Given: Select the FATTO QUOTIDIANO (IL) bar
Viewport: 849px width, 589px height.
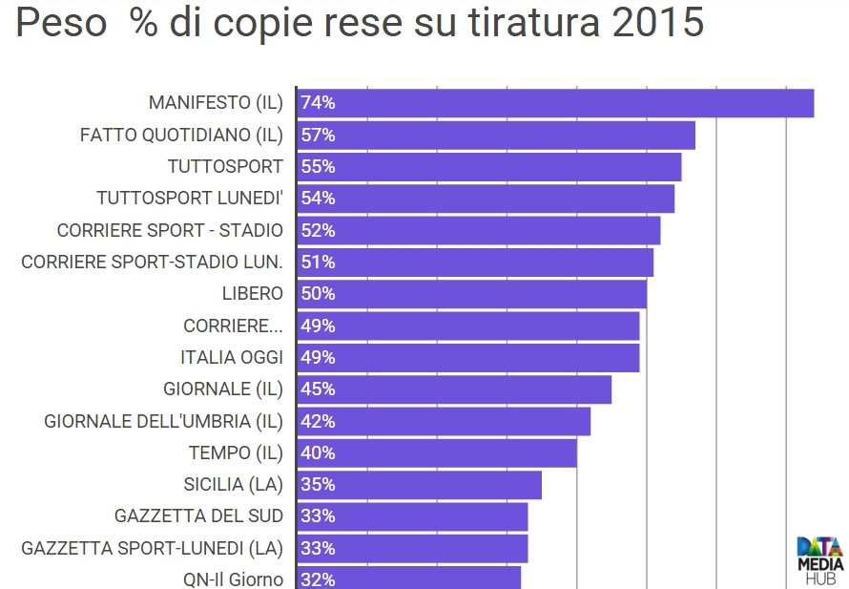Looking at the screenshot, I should [x=496, y=135].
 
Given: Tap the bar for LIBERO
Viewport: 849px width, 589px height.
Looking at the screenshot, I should [x=472, y=294].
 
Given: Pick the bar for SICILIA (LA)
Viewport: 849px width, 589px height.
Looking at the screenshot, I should [x=420, y=485].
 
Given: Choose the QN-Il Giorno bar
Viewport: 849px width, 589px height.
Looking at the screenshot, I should [x=409, y=578].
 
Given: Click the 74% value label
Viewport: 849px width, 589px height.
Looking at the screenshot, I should [x=318, y=103].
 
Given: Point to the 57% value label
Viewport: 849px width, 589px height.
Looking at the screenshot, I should [x=318, y=135].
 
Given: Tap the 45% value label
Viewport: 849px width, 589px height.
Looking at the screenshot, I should [x=318, y=389].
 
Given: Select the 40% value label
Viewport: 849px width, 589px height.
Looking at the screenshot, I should [x=318, y=452].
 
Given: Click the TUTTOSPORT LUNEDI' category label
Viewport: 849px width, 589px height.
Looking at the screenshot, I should [x=190, y=199].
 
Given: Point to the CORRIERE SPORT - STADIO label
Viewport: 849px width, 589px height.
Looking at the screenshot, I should [x=170, y=230].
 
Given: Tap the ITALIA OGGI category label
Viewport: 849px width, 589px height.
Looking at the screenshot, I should [x=232, y=357].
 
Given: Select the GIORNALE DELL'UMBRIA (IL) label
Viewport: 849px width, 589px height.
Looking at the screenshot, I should [x=164, y=421].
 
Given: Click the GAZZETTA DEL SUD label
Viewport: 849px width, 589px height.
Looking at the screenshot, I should [x=198, y=516].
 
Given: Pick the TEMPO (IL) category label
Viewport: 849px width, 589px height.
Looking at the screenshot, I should [x=236, y=452].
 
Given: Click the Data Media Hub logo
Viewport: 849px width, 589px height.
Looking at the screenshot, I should [x=819, y=558].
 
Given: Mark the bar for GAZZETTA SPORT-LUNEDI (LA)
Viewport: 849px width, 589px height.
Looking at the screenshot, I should [x=412, y=548].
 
